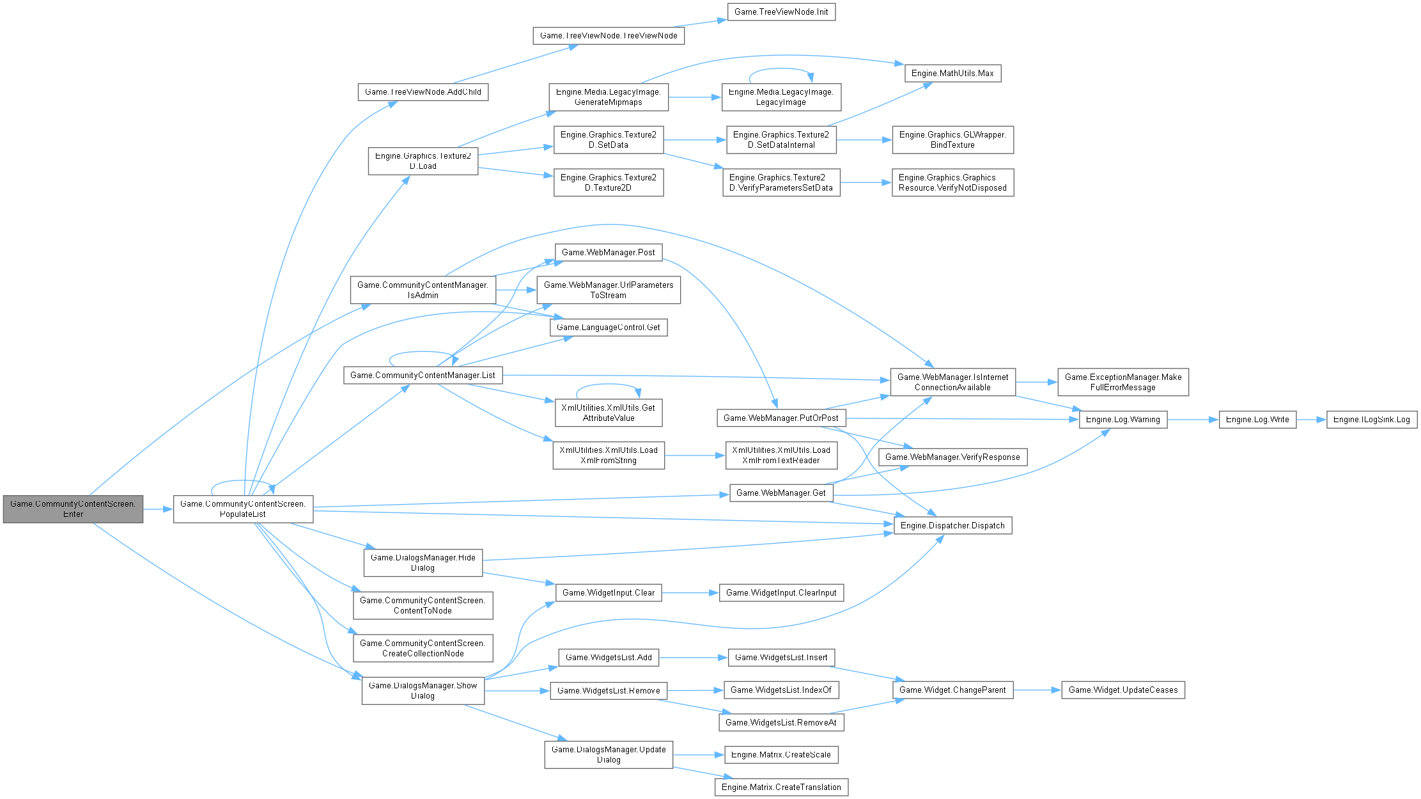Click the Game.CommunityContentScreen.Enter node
73,509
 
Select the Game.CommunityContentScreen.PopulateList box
243,509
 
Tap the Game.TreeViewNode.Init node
781,12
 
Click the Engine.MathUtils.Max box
952,74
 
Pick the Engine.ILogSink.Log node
1372,420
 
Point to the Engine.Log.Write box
1257,420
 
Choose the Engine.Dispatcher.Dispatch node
952,526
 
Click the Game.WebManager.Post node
608,253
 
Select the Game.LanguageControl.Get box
608,328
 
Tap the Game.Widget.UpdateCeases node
1123,690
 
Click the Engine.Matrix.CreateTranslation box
781,787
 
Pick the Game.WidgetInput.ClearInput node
781,593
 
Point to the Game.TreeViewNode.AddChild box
423,92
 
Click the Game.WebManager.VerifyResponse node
952,457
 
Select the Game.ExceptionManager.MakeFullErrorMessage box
1123,382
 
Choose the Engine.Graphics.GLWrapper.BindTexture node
952,139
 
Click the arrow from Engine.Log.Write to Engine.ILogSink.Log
1311,420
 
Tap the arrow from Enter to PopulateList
158,509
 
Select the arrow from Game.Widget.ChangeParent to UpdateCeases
1037,690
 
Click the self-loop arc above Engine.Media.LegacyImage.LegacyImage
781,69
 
